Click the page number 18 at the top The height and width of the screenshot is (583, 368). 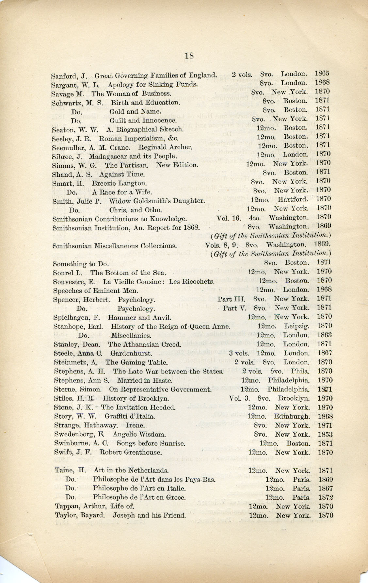click(189, 56)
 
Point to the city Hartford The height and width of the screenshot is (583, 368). click(293, 199)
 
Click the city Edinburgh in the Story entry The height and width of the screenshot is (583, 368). click(292, 416)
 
